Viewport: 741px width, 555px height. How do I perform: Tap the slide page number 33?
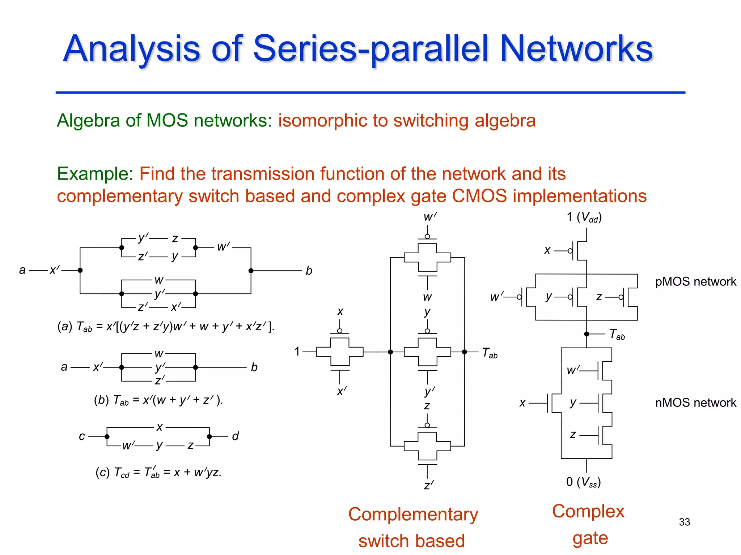(x=684, y=522)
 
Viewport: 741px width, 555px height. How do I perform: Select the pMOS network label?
(x=695, y=281)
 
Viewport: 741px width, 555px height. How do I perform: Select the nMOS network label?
(x=695, y=403)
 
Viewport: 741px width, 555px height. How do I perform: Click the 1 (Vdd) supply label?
(x=584, y=217)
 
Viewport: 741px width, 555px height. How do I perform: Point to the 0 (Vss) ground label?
(x=583, y=482)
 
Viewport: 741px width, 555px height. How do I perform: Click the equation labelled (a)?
(x=166, y=327)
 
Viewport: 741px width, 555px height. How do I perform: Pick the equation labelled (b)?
(x=158, y=400)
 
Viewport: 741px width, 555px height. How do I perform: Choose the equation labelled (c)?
(x=158, y=472)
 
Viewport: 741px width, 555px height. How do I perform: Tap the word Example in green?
(x=95, y=174)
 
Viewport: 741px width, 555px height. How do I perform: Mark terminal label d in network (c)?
(x=236, y=436)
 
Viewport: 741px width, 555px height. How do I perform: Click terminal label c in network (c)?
(x=82, y=436)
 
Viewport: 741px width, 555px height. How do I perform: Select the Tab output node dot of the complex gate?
(x=587, y=334)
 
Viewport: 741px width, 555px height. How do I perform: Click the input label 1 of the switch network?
(x=297, y=351)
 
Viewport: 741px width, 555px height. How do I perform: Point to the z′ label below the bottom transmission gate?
(x=428, y=485)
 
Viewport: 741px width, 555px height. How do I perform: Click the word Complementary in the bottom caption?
(x=413, y=514)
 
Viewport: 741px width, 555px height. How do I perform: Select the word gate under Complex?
(x=590, y=538)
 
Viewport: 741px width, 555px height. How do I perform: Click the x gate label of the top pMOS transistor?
(x=547, y=250)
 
